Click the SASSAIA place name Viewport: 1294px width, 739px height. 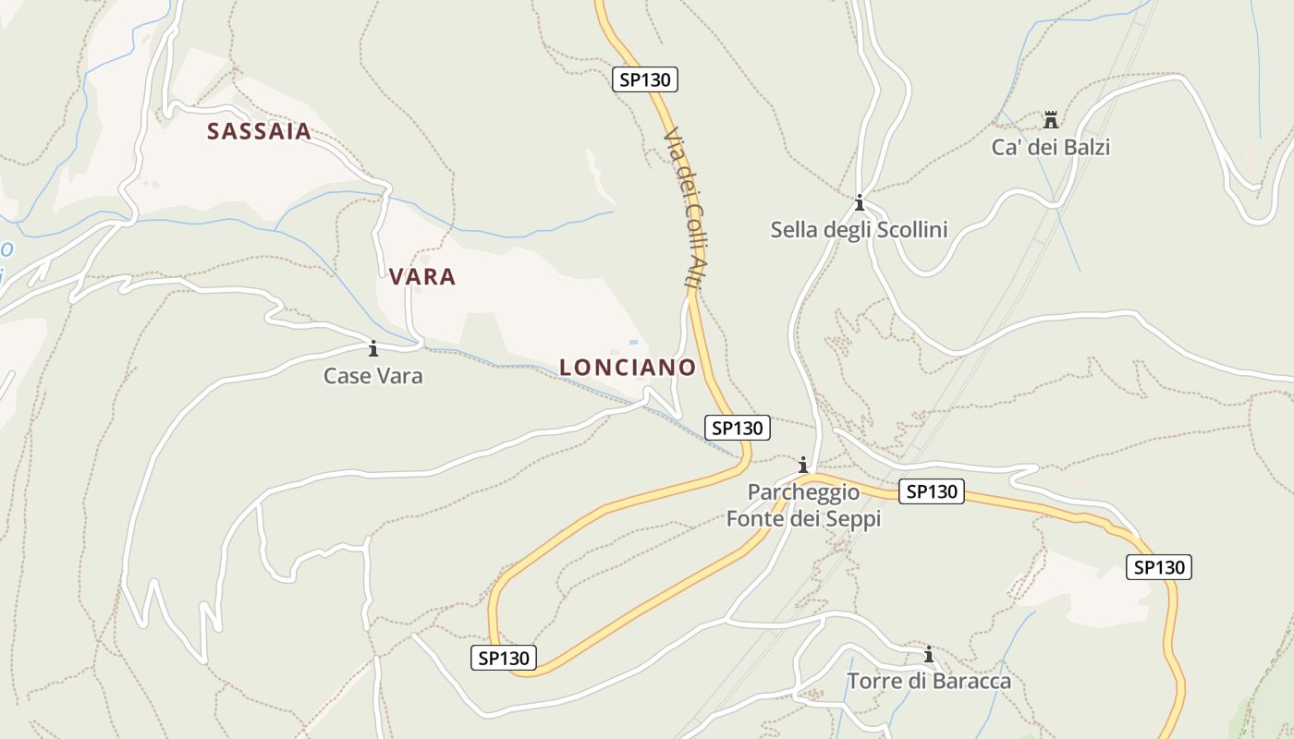pyautogui.click(x=259, y=131)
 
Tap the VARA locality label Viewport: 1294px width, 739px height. pyautogui.click(x=422, y=276)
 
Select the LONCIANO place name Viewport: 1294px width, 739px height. pyautogui.click(x=628, y=367)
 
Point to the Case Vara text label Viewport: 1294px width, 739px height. pyautogui.click(x=373, y=376)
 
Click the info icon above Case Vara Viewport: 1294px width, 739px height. pyautogui.click(x=373, y=348)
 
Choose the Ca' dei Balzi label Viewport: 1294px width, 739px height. pyautogui.click(x=1051, y=147)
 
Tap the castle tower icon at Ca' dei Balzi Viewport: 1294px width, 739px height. pyautogui.click(x=1050, y=120)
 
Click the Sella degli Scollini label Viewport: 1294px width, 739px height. pyautogui.click(x=860, y=230)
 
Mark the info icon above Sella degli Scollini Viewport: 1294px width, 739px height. pyautogui.click(x=860, y=202)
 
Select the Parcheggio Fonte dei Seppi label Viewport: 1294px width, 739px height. pyautogui.click(x=803, y=505)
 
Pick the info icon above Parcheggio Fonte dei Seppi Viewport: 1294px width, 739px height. pyautogui.click(x=803, y=464)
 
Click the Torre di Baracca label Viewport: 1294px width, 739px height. pyautogui.click(x=929, y=682)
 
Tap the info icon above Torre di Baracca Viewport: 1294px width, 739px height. pyautogui.click(x=929, y=655)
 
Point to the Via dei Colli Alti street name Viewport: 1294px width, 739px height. pyautogui.click(x=685, y=208)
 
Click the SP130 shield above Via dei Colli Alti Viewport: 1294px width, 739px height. pyautogui.click(x=645, y=79)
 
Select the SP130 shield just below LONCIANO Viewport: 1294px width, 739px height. pyautogui.click(x=737, y=428)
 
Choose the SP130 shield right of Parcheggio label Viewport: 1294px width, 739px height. pyautogui.click(x=932, y=491)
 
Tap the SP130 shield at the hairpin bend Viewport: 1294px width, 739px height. pyautogui.click(x=504, y=658)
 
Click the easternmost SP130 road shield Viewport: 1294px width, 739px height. pyautogui.click(x=1159, y=567)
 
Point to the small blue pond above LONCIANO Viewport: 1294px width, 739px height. pyautogui.click(x=634, y=342)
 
